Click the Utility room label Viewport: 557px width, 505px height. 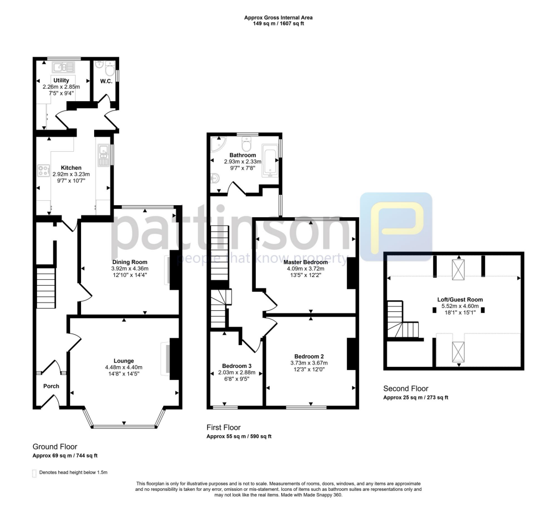point(61,81)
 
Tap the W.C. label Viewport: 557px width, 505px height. point(106,82)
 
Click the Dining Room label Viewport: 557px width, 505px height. point(129,261)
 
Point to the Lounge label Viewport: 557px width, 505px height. point(123,360)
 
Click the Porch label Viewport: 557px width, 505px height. point(51,386)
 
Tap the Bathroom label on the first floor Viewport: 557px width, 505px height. point(243,155)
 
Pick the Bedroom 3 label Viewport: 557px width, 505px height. point(236,366)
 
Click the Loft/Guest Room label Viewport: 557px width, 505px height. point(460,299)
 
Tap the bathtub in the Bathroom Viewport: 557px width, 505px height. point(270,161)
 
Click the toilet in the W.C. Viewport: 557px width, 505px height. point(109,71)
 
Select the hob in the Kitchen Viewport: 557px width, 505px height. point(43,170)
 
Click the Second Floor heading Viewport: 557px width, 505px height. point(406,389)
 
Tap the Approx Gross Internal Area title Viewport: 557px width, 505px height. point(278,17)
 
